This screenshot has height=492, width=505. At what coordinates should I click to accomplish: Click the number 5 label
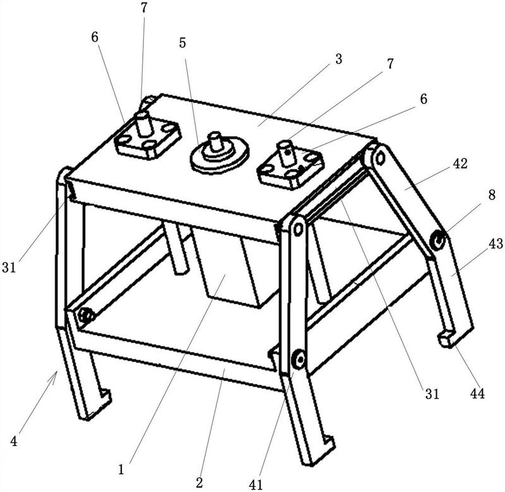[x=182, y=44]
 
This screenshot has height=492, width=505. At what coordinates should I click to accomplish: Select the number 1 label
[x=121, y=469]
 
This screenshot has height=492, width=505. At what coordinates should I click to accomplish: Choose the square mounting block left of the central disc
[x=147, y=138]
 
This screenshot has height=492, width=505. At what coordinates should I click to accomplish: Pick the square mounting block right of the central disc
[x=290, y=165]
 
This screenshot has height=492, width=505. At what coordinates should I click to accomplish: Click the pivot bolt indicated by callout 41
[x=297, y=360]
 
